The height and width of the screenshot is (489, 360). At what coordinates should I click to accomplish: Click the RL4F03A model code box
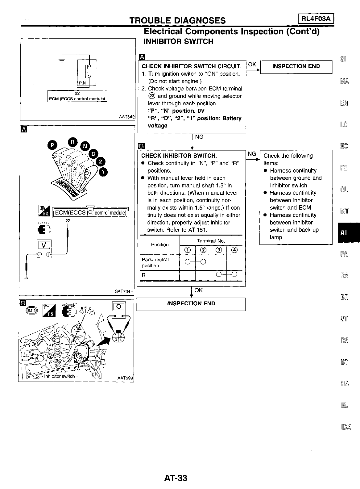tap(316, 19)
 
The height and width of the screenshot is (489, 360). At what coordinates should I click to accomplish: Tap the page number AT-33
tap(176, 478)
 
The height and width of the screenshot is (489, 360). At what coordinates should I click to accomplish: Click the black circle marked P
tap(52, 145)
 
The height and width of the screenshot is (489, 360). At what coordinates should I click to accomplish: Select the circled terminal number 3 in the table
tap(219, 250)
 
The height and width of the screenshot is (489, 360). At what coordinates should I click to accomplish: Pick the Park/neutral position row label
tap(155, 262)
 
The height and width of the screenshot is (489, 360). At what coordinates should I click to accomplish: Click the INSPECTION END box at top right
tap(296, 66)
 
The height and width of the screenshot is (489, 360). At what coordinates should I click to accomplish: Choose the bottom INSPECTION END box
tap(191, 303)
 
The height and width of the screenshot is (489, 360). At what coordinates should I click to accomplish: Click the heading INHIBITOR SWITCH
tap(179, 41)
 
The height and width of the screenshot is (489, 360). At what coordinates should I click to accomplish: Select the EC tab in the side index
tap(344, 146)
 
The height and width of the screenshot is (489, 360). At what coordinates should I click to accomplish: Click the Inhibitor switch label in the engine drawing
tap(59, 376)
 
